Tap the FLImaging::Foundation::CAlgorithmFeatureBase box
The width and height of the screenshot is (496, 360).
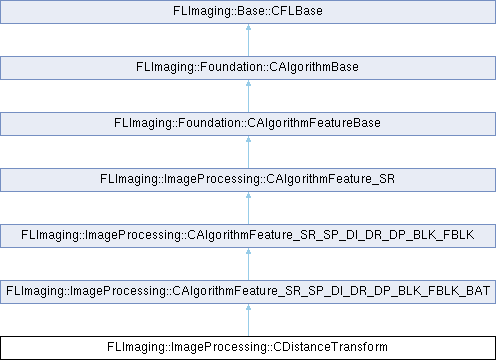(247, 123)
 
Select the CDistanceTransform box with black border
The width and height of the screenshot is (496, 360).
(247, 347)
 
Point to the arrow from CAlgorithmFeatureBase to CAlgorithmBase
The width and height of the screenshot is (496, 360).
(247, 96)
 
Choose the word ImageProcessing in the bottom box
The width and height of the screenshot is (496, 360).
(218, 347)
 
